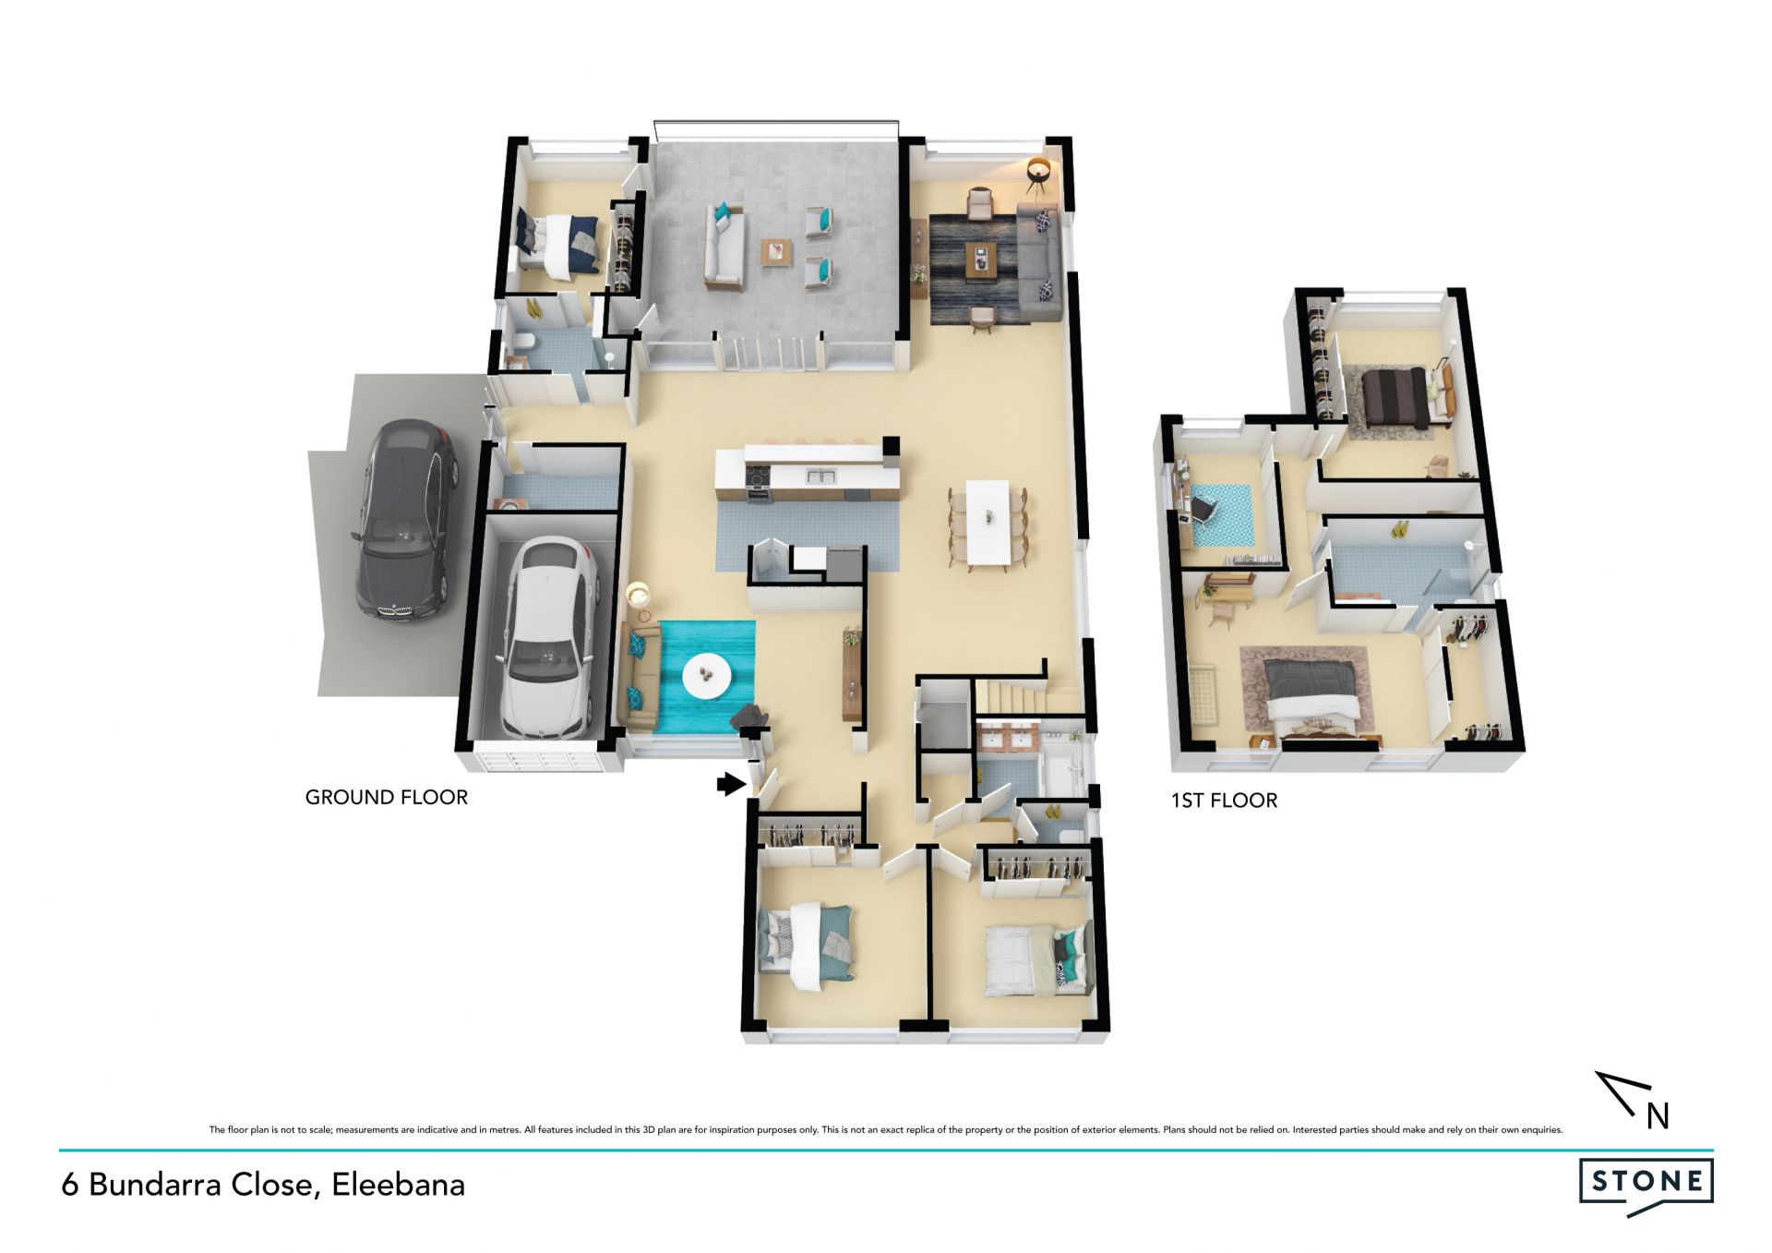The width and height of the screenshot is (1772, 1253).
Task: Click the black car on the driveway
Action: (x=402, y=521)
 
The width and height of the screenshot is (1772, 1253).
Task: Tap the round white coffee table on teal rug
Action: (x=707, y=676)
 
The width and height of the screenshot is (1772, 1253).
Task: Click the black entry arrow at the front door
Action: (x=731, y=784)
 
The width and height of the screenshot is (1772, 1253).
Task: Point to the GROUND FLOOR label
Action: (x=387, y=797)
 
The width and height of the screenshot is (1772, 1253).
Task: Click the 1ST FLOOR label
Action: (x=1224, y=801)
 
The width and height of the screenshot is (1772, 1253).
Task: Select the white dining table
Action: (x=988, y=521)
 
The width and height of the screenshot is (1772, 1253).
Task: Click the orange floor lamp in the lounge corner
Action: (x=1039, y=175)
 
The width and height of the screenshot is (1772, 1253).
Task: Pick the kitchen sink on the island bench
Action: (x=820, y=476)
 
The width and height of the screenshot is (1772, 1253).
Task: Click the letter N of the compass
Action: (x=1658, y=1117)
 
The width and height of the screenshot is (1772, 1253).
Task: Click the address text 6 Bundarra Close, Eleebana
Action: (x=263, y=1185)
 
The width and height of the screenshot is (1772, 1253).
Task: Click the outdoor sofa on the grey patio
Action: (x=724, y=244)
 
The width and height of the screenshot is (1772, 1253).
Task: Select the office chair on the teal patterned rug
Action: (x=1203, y=507)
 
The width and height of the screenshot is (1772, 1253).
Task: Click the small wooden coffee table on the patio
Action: (x=776, y=252)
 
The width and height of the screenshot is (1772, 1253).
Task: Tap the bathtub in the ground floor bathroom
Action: (x=1063, y=767)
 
